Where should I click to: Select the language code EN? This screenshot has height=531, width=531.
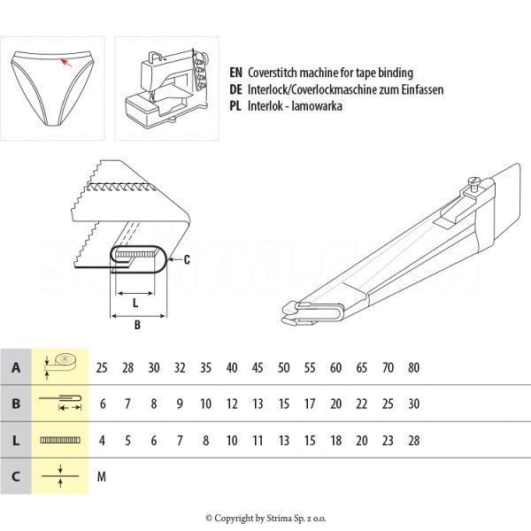tap(235, 73)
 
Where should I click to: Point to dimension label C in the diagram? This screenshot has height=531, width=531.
tap(187, 258)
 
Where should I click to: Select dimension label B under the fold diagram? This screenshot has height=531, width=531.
tap(137, 325)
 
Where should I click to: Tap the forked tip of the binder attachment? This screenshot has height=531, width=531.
tap(292, 309)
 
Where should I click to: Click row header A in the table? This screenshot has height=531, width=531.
tap(17, 366)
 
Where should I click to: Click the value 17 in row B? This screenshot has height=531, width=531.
tap(310, 404)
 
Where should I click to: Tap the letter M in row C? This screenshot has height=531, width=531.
tap(102, 477)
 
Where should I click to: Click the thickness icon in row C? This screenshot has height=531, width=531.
tap(61, 477)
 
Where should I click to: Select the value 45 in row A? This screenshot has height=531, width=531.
tap(258, 366)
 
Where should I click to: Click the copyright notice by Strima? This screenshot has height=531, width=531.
tap(265, 518)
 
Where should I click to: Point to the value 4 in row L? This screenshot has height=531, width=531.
tap(102, 440)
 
